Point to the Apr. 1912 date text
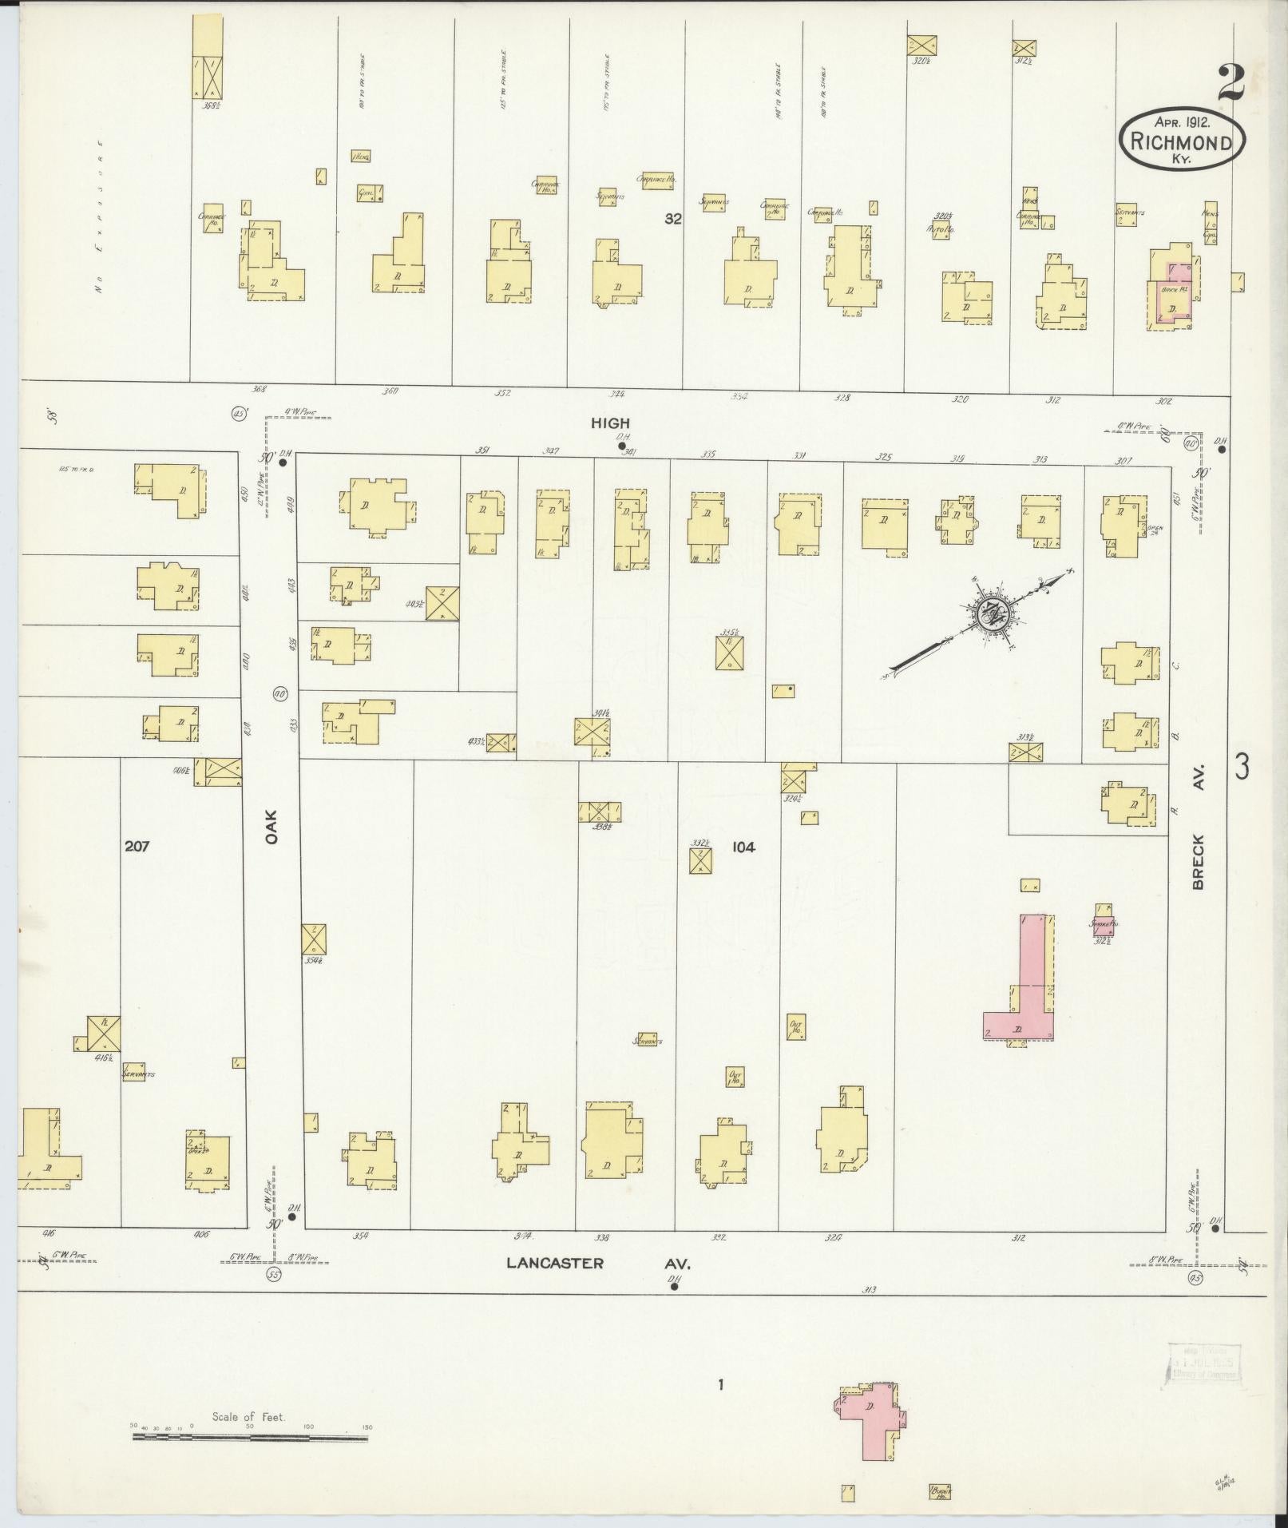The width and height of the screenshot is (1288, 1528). pos(1182,123)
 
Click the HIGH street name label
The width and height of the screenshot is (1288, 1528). pos(610,423)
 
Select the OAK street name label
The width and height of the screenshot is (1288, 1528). pos(271,828)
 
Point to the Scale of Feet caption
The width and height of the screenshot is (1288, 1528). pos(248,1418)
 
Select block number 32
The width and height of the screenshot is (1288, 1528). pos(673,218)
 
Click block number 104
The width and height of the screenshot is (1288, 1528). pos(743,847)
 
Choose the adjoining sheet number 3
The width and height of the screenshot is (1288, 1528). pos(1242,767)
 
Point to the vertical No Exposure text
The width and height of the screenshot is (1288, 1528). pos(100,217)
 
